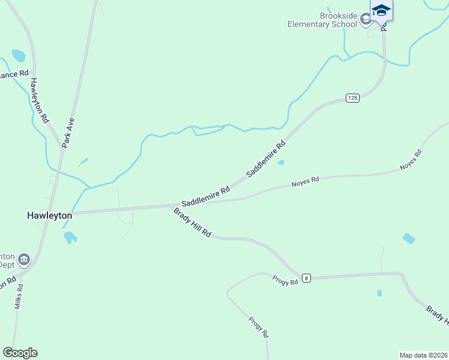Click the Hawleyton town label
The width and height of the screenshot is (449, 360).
point(50,215)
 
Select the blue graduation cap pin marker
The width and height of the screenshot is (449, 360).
point(381,11)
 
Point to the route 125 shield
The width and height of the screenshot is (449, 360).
point(352,97)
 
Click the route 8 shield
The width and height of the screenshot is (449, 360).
point(307,278)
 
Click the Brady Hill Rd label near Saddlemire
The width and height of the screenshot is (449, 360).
point(192,222)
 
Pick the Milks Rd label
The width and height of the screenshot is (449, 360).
point(19,296)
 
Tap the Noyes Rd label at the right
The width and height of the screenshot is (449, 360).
point(411,161)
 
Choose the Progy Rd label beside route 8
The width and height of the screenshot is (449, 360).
point(285,280)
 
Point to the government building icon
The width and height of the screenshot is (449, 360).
point(24,259)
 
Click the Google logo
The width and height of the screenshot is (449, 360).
point(20,353)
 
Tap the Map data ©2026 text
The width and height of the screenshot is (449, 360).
point(423,355)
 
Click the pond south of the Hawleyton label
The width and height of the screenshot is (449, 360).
point(70,237)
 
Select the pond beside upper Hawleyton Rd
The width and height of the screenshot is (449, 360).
point(19,56)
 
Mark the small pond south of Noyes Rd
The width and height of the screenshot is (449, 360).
point(409,238)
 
